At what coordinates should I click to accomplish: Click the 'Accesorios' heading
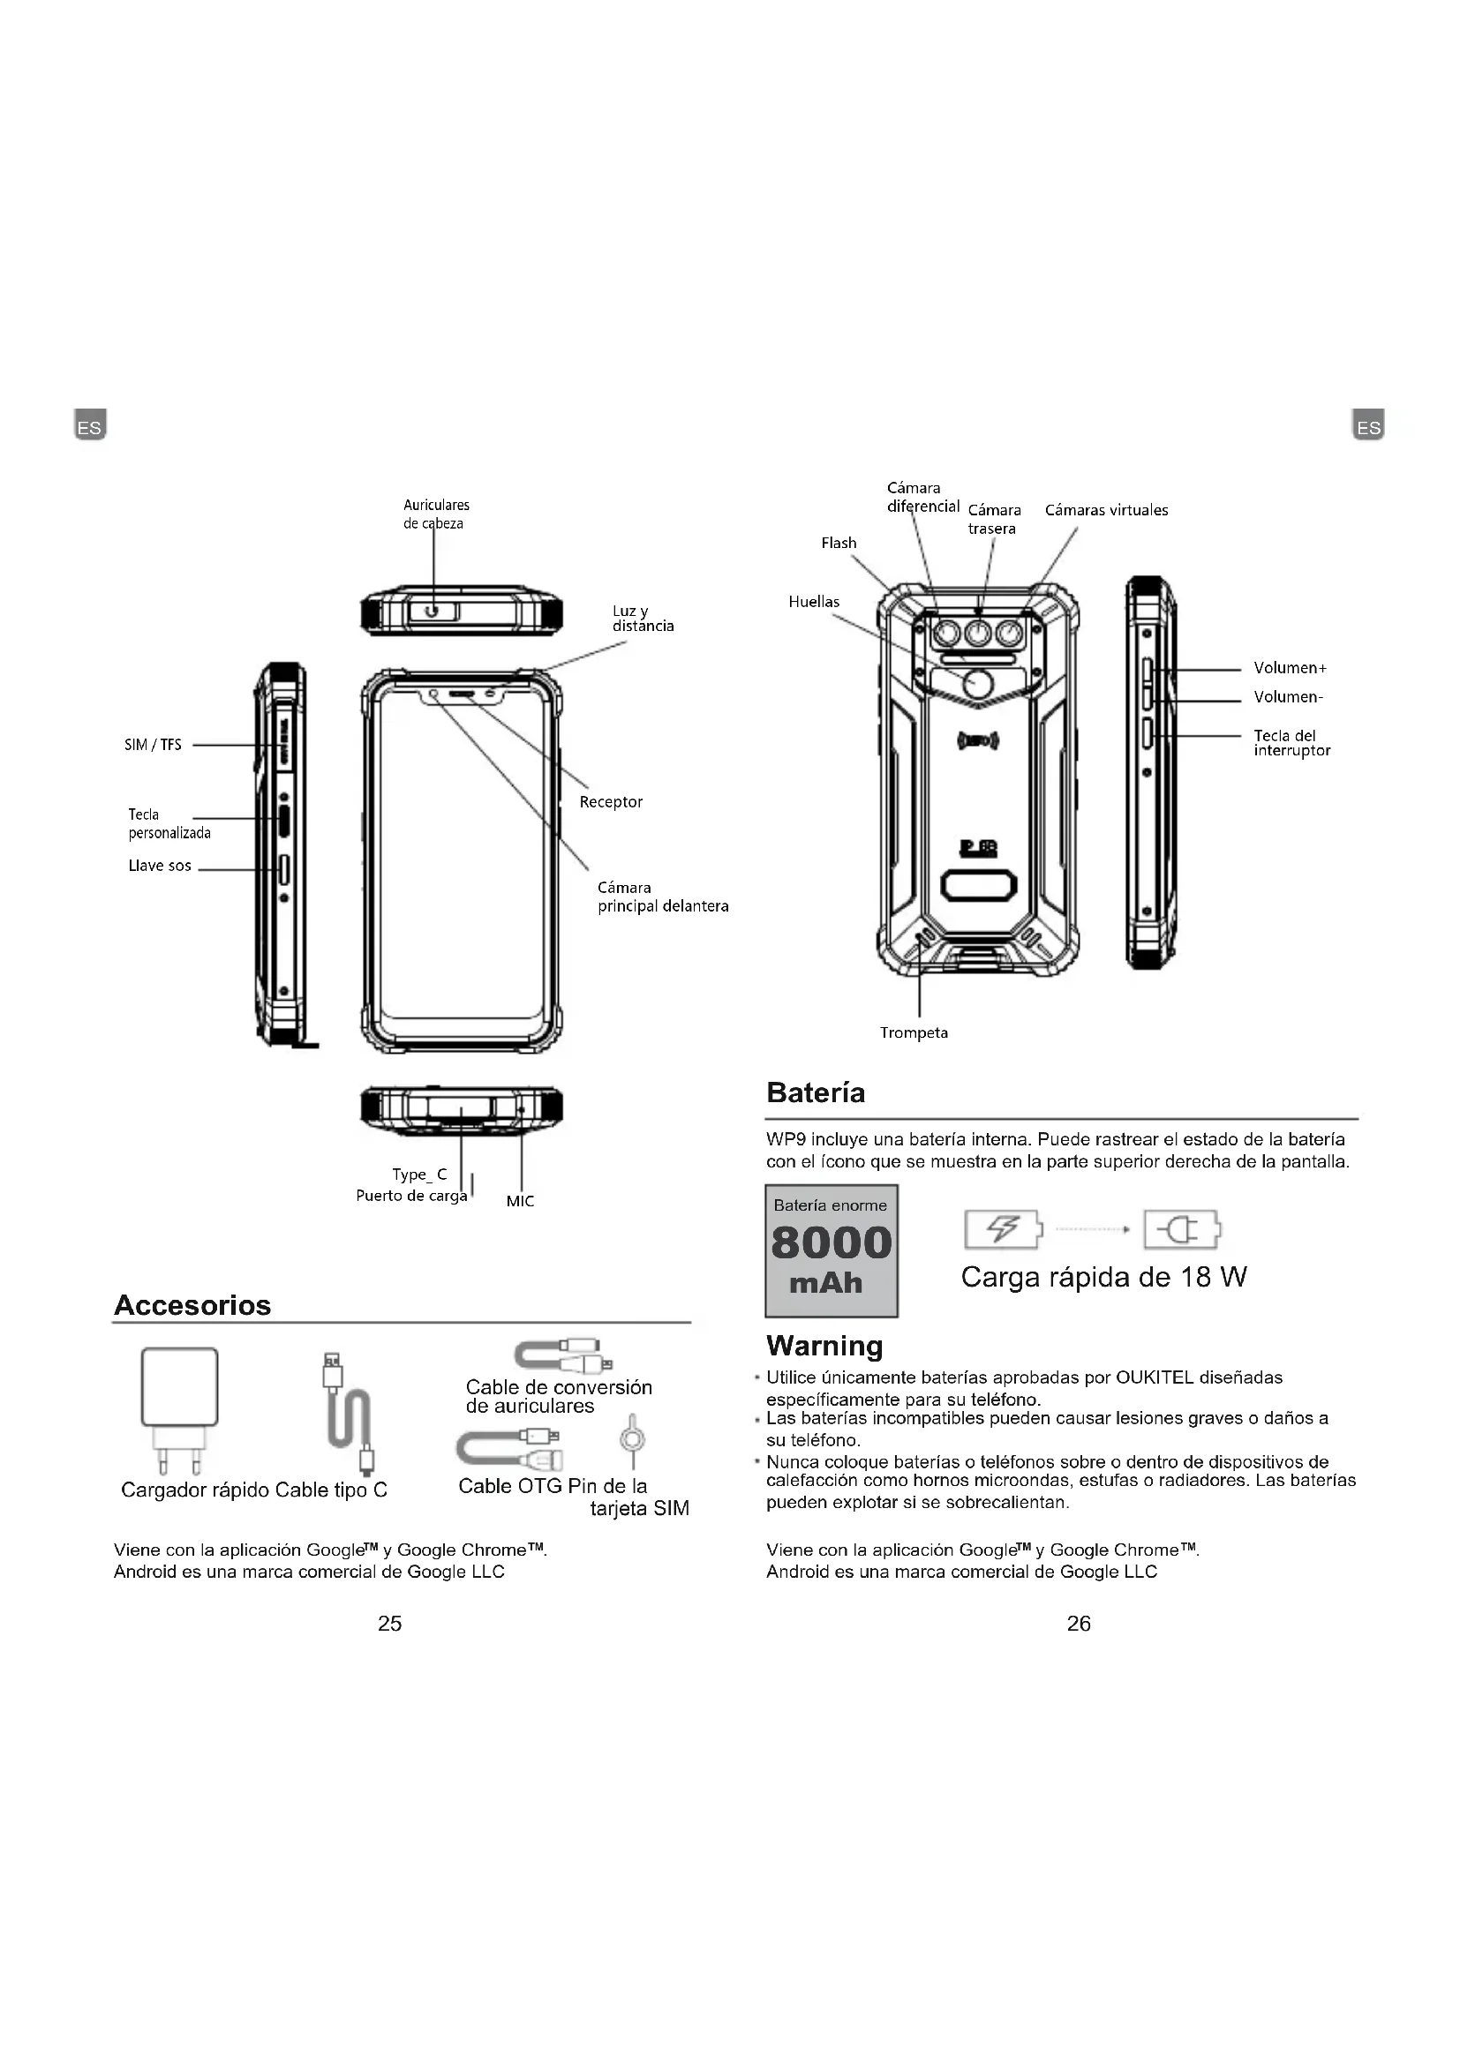click(x=192, y=1305)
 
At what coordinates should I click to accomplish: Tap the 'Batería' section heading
click(x=816, y=1093)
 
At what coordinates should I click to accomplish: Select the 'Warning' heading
click(x=824, y=1346)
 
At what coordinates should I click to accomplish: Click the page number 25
click(x=390, y=1624)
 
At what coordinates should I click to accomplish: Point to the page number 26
click(x=1079, y=1624)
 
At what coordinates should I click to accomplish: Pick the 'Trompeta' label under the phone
click(x=914, y=1033)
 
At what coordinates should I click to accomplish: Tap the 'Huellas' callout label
click(x=814, y=603)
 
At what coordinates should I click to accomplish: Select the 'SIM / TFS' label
click(x=153, y=746)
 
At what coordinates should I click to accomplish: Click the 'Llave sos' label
click(x=159, y=867)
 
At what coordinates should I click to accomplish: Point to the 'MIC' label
click(x=520, y=1201)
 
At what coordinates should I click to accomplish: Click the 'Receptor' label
click(x=611, y=802)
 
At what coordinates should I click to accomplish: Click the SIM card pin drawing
click(x=633, y=1442)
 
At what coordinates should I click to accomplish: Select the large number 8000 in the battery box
click(x=832, y=1243)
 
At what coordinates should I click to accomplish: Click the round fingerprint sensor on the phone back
click(x=977, y=685)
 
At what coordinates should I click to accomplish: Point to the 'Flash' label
click(x=839, y=543)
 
